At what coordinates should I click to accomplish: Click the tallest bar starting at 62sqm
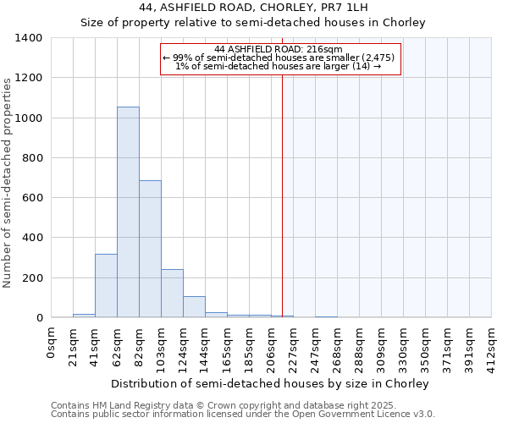(x=128, y=211)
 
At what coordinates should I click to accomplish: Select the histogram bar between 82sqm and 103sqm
(x=150, y=249)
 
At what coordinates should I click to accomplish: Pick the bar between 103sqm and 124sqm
(x=172, y=293)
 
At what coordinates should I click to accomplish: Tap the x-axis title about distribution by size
(x=270, y=383)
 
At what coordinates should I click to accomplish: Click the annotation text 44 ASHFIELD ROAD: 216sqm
(x=279, y=49)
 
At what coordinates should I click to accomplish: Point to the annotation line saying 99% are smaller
(x=279, y=58)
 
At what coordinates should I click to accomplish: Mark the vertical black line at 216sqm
(x=282, y=195)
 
